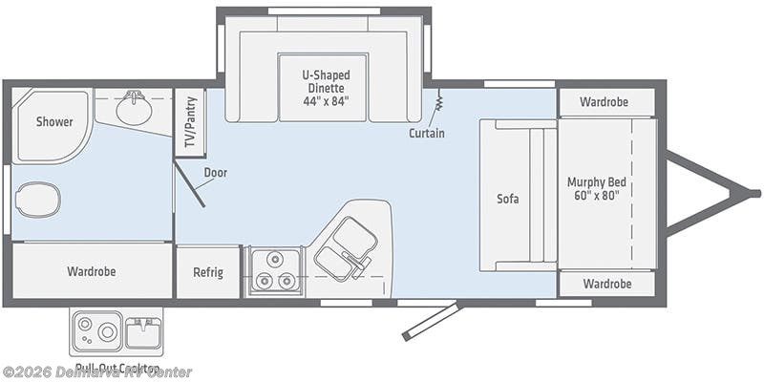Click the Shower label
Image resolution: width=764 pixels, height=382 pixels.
pos(54,121)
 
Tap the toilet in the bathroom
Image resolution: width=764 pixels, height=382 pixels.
pos(38,200)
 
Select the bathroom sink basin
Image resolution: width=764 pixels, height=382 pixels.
pos(134,111)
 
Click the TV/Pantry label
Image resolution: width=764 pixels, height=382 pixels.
pos(190,123)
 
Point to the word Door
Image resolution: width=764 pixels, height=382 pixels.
pos(215,173)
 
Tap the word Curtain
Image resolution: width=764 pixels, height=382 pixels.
pos(426,133)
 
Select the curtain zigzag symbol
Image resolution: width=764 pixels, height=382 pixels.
pos(440,100)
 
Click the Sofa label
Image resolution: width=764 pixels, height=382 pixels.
pos(507,200)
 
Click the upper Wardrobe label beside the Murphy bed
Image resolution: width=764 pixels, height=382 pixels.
pos(605,101)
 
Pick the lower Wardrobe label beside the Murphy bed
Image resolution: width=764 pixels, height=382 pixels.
pos(605,284)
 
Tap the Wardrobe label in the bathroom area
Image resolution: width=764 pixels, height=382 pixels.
pos(92,271)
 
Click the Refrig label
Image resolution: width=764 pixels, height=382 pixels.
pos(208,272)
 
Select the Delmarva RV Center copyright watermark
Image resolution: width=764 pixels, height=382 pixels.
pos(96,371)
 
